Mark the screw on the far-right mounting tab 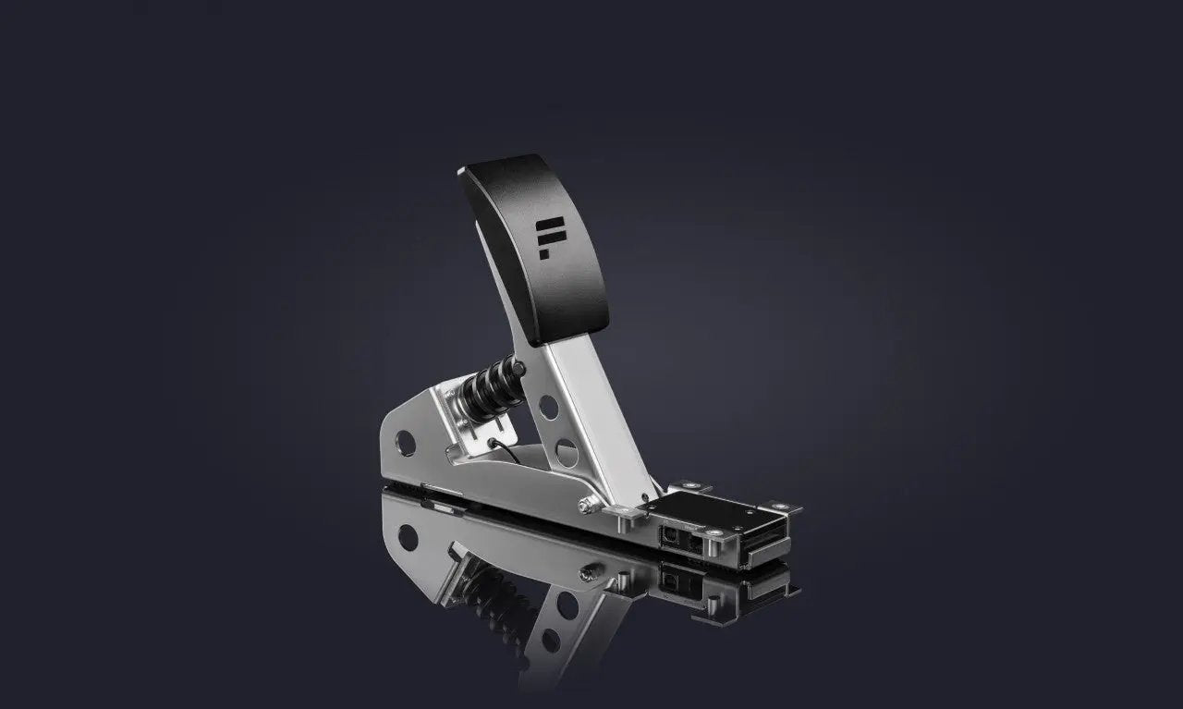point(782,507)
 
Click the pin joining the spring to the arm point(521,370)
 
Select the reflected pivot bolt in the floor point(585,572)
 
